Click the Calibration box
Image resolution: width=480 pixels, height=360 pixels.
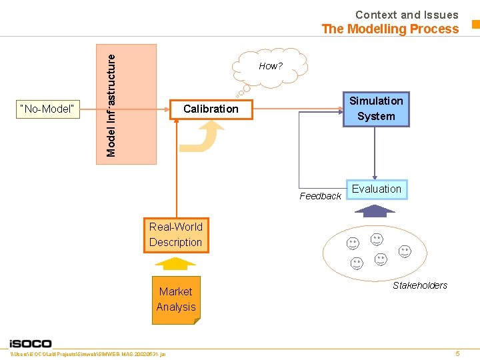tap(211, 109)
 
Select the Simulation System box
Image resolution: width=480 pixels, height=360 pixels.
tap(376, 109)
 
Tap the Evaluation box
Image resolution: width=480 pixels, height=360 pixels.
tap(377, 189)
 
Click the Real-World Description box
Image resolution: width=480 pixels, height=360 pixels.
tap(176, 235)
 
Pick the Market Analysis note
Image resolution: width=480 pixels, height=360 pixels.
tap(176, 299)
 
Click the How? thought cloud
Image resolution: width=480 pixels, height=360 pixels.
tap(270, 66)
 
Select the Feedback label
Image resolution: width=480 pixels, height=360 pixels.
tap(320, 196)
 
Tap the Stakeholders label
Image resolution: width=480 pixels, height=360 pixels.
tap(420, 285)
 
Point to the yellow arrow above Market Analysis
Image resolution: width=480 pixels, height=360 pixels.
tap(176, 263)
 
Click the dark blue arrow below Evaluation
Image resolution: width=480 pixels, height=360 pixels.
tap(376, 211)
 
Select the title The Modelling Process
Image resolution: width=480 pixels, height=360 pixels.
tap(390, 29)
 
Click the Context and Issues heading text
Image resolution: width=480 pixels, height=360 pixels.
tap(407, 15)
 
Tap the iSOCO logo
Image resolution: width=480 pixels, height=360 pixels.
tap(39, 343)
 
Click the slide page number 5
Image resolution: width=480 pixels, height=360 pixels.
tap(457, 353)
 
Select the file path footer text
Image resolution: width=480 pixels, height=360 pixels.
tap(93, 353)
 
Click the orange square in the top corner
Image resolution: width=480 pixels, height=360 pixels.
tap(475, 25)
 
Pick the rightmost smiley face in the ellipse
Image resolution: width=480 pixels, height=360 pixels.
tap(405, 251)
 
